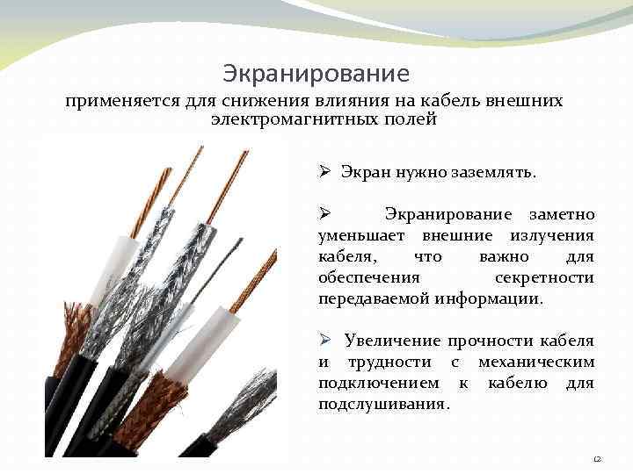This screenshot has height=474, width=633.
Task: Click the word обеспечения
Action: [361, 277]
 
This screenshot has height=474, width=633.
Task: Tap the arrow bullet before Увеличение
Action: [324, 341]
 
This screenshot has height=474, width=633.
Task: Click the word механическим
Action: [536, 362]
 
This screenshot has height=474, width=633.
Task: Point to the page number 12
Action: [598, 458]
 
